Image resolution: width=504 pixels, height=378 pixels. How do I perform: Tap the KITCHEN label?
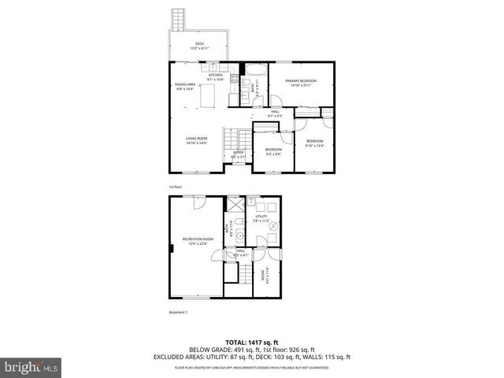click(x=216, y=76)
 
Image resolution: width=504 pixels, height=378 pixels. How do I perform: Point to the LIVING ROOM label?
click(x=196, y=139)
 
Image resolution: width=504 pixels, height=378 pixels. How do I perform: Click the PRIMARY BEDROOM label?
click(x=302, y=82)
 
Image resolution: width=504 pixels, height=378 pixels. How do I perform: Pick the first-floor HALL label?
click(x=275, y=113)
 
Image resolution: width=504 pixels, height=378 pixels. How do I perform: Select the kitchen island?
click(x=208, y=95)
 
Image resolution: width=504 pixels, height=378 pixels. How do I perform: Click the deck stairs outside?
click(x=179, y=19)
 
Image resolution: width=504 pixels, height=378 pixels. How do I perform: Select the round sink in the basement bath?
click(x=235, y=235)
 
